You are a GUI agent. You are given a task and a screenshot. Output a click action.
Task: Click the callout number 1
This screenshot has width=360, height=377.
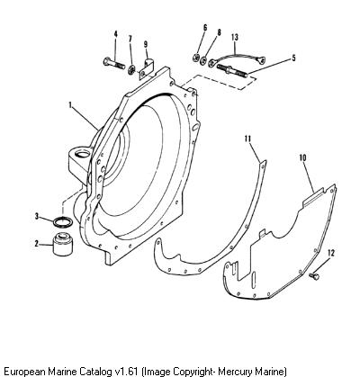70,105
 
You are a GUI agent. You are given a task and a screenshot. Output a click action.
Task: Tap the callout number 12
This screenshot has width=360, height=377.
330,253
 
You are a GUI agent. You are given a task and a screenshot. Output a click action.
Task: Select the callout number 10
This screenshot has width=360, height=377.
302,157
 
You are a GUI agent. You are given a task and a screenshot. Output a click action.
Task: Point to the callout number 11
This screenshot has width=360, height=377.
247,139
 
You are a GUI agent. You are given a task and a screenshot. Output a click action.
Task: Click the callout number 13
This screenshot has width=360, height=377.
235,38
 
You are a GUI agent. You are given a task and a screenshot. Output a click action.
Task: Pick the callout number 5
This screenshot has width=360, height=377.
293,58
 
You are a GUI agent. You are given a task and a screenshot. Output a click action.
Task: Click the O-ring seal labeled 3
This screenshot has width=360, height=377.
63,222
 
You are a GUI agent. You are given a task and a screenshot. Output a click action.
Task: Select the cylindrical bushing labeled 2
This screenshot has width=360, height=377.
63,244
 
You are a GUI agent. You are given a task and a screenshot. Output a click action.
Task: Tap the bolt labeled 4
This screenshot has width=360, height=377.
114,63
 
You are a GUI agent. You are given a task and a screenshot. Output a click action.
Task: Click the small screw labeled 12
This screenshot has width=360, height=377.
314,274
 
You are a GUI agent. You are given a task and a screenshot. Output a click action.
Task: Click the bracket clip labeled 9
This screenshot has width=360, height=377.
147,69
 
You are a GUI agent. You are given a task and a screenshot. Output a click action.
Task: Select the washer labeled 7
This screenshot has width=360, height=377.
131,70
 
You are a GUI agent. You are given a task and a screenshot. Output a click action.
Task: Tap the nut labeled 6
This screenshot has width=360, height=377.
196,58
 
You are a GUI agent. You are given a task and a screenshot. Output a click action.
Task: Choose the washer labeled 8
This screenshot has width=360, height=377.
203,59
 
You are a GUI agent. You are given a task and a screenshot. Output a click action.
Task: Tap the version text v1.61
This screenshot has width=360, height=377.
125,371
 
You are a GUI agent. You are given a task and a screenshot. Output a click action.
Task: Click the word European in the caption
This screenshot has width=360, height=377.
23,371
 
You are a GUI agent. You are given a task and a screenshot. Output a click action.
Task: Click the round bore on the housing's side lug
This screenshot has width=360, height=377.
83,154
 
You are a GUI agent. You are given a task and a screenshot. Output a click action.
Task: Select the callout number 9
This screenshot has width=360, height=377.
146,44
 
